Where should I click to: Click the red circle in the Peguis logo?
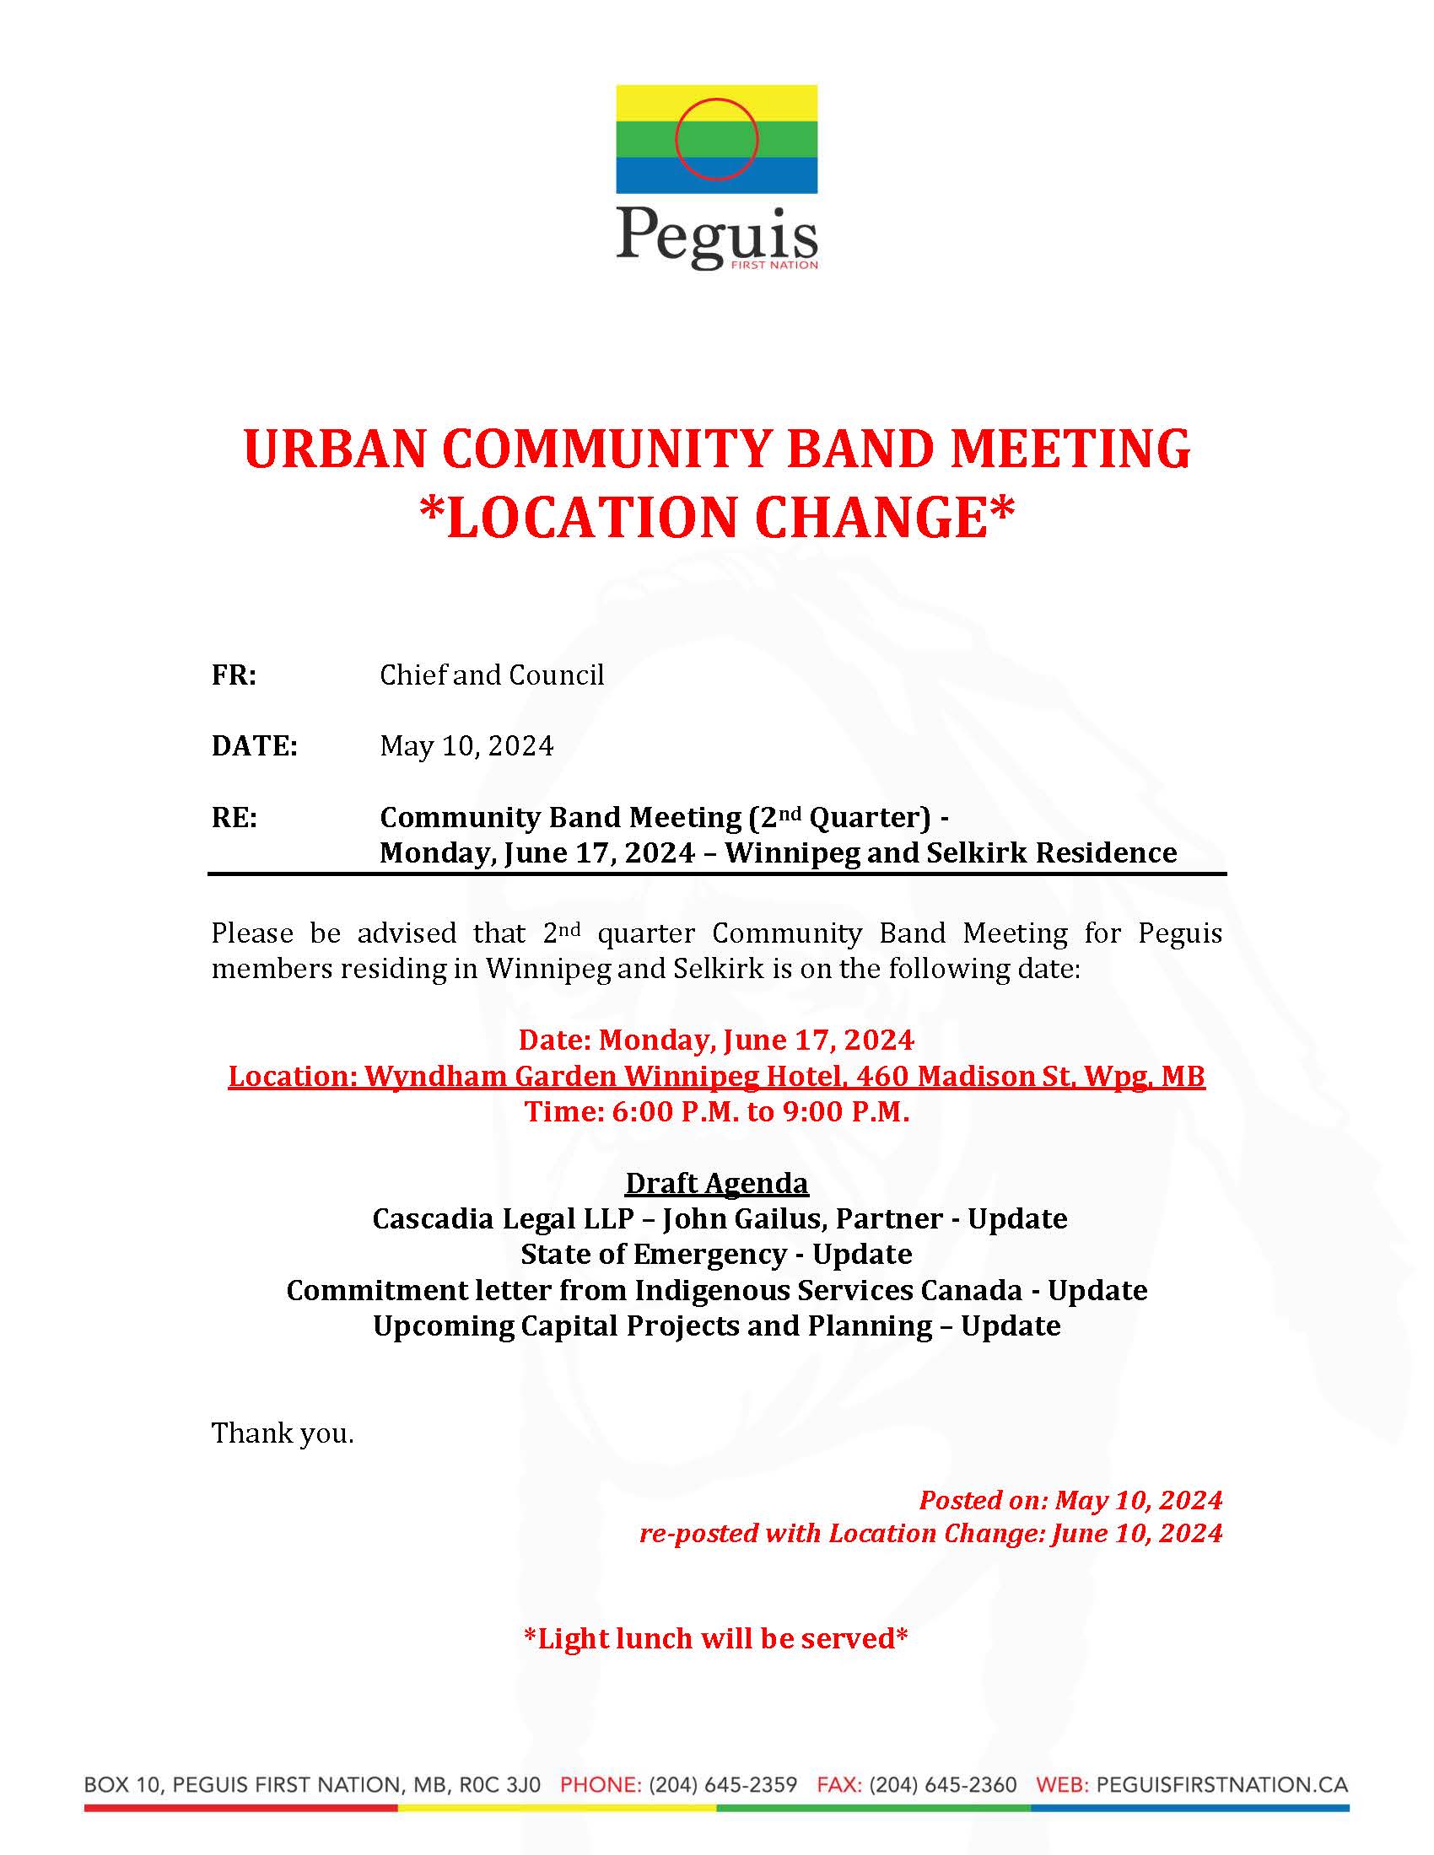[x=716, y=139]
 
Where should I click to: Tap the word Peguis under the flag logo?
[x=716, y=234]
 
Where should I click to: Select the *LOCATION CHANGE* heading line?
[x=716, y=518]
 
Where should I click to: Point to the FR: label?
[x=234, y=675]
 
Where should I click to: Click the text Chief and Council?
[x=491, y=675]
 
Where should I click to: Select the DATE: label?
[x=254, y=746]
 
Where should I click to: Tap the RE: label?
[x=234, y=817]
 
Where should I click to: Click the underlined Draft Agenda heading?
[x=716, y=1183]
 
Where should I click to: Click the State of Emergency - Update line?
[x=716, y=1255]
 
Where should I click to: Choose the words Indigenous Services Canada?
[x=828, y=1290]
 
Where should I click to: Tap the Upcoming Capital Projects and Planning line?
[x=716, y=1325]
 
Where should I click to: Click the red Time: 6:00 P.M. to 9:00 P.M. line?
[x=716, y=1112]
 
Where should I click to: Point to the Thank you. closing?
[x=282, y=1433]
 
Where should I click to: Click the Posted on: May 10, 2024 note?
[x=1070, y=1500]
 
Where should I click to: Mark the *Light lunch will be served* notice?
[x=716, y=1638]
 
